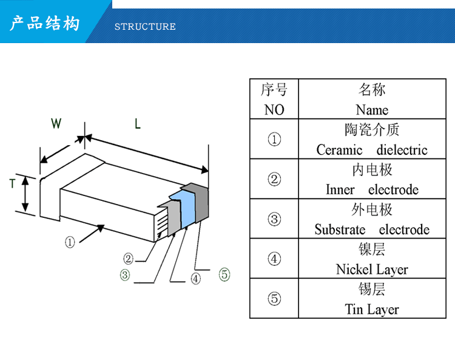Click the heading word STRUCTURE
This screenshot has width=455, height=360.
coord(145,27)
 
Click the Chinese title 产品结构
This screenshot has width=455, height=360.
coord(45,24)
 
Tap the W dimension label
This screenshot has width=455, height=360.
coord(56,124)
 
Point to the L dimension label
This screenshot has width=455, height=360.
coord(138,124)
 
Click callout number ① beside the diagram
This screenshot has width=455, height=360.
coord(70,242)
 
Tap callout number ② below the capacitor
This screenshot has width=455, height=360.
coord(128,258)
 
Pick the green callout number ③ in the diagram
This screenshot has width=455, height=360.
coord(124,275)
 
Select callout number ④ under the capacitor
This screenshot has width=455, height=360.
coord(195,279)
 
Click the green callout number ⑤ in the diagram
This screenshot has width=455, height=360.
coord(224,275)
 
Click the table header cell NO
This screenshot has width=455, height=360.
coord(274,110)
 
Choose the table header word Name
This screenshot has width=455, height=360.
coord(372,110)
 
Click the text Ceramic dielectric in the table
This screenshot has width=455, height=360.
coord(372,150)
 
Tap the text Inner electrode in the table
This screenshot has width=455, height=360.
coord(372,189)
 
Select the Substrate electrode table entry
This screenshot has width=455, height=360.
coord(372,229)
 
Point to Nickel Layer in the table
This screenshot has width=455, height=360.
coord(372,270)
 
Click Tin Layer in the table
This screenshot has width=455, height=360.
coord(372,310)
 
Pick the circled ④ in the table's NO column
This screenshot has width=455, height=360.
coord(274,259)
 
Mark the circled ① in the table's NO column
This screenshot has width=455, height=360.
coord(274,140)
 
